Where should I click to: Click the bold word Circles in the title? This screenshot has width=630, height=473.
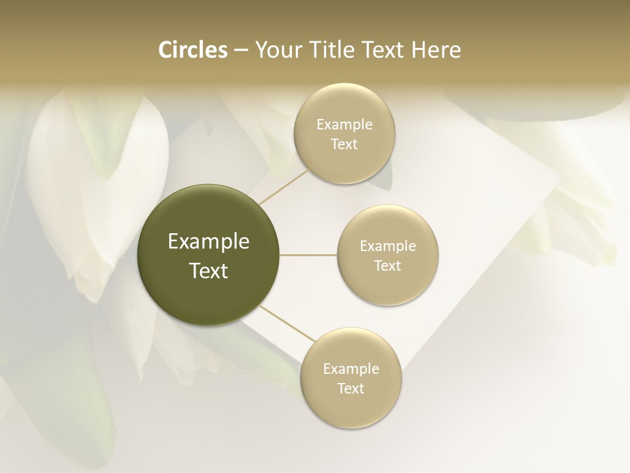(193, 50)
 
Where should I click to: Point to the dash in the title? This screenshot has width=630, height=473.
(240, 51)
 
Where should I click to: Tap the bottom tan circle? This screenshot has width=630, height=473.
(351, 407)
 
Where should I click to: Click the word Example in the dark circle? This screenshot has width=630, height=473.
(209, 242)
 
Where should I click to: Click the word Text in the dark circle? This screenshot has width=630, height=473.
(209, 271)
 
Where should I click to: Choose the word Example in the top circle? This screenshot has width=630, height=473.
(344, 125)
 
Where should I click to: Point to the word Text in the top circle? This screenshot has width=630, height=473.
(344, 145)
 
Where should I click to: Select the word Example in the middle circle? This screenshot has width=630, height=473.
(388, 246)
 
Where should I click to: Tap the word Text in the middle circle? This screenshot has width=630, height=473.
(388, 266)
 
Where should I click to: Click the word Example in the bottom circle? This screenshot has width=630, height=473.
(351, 369)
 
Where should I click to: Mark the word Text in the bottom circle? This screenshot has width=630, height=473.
(351, 389)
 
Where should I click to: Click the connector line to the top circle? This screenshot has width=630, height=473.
(283, 187)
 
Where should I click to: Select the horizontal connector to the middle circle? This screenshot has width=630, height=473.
(308, 255)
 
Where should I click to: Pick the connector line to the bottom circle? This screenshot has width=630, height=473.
(286, 323)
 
